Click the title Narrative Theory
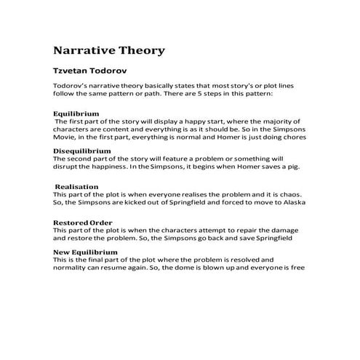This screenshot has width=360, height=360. (109, 52)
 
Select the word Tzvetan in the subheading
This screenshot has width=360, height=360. (73, 73)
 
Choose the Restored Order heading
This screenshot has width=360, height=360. (82, 222)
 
